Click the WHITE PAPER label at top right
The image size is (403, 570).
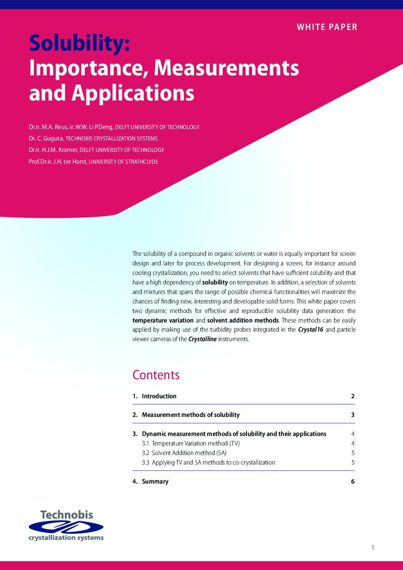coord(327,27)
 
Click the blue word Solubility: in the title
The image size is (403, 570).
coord(80,43)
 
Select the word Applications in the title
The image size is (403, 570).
coord(133,93)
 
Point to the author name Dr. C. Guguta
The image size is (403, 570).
coord(46,139)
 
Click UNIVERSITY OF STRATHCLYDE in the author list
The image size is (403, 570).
coord(123,162)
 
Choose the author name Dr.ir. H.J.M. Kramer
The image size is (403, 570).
coord(53,150)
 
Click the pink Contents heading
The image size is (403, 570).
coord(156,375)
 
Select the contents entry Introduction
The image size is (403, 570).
coord(159,396)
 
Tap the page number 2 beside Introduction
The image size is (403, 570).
coord(353,396)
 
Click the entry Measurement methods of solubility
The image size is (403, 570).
coord(190,415)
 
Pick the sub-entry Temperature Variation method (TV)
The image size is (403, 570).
coord(195,443)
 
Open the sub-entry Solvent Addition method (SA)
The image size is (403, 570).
coord(189,453)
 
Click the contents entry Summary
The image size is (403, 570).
coord(155,481)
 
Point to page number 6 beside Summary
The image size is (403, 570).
coord(353,481)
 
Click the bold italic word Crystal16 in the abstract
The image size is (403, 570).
coord(310,330)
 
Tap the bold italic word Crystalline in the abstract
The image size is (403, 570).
coord(202,339)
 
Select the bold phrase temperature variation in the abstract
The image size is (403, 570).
coord(163,320)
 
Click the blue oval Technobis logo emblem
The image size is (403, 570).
coord(66,527)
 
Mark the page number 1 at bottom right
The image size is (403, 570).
coord(373,548)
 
